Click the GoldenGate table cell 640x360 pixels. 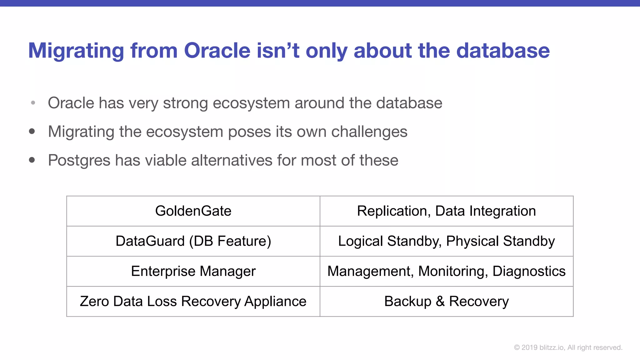(193, 211)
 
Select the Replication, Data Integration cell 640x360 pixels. (446, 211)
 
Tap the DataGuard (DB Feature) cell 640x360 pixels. (193, 241)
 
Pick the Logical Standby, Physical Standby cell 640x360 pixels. (446, 241)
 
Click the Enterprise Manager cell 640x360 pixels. (193, 271)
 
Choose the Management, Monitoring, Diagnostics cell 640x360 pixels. (446, 271)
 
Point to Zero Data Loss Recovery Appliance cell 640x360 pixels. (193, 301)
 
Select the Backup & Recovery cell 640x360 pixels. (446, 301)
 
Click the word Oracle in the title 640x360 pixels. (217, 50)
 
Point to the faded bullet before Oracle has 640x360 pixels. (33, 102)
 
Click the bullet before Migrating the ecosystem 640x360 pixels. (32, 131)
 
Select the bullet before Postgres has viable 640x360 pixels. (32, 160)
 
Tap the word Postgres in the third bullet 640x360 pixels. (79, 160)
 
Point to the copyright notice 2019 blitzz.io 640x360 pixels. (568, 347)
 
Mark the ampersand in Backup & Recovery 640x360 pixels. (440, 301)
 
